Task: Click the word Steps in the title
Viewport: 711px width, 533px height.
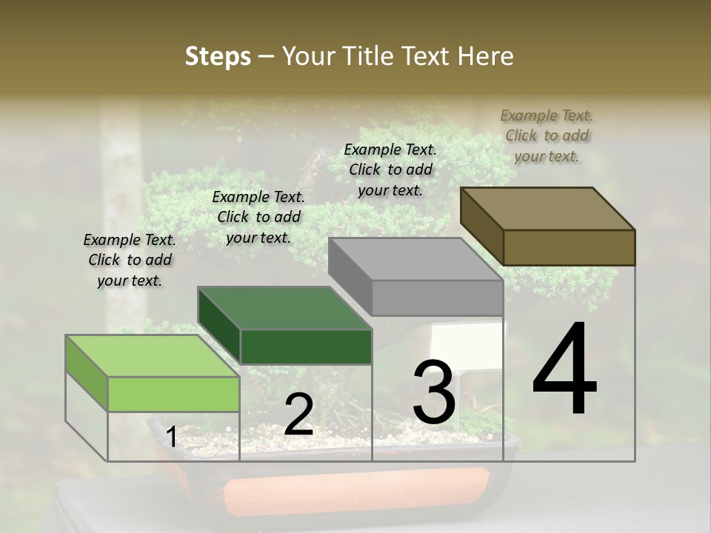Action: (x=218, y=56)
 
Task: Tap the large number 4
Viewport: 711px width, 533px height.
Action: (x=564, y=370)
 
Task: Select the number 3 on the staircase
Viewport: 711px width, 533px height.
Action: (x=434, y=392)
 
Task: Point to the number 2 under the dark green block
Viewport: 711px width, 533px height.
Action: (x=298, y=415)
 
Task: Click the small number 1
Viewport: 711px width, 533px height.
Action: (x=171, y=438)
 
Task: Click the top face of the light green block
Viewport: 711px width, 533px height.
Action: (x=152, y=356)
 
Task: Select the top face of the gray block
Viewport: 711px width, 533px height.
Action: (x=415, y=259)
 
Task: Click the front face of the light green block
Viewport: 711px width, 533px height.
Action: (x=173, y=394)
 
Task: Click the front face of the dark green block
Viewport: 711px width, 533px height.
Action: (x=306, y=346)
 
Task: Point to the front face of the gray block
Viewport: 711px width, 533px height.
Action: (x=437, y=298)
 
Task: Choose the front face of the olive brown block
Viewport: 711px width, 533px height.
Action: (x=569, y=247)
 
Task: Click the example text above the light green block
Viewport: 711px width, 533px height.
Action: (x=130, y=260)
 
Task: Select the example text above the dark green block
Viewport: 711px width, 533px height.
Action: (x=258, y=217)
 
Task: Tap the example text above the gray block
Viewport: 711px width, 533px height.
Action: (x=390, y=170)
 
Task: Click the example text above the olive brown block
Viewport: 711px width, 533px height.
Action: (x=547, y=135)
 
